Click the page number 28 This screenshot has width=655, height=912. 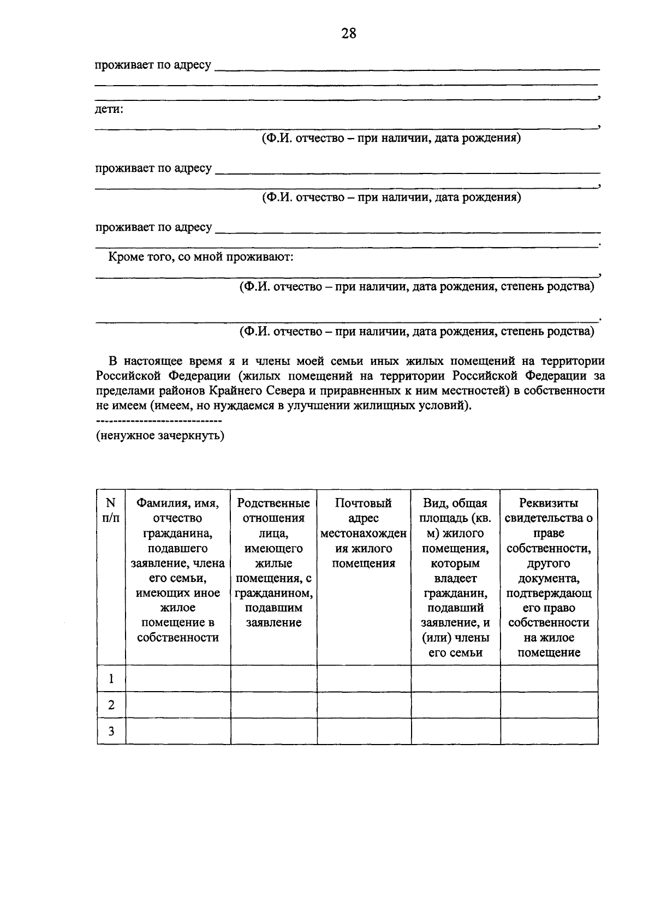coord(349,34)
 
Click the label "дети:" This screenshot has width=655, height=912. coord(109,109)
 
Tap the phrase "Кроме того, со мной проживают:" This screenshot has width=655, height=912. coord(201,256)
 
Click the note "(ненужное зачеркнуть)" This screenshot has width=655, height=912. coord(160,436)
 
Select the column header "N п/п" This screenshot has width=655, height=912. coord(111,511)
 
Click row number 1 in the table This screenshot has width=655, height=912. coord(111,679)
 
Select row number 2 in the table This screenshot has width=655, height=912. coord(111,705)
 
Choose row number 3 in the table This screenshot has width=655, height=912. coord(111,731)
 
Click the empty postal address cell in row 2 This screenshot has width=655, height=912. coord(364,705)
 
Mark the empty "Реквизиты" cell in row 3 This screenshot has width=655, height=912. coord(549,731)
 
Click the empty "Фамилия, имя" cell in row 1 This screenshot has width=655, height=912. coord(178,679)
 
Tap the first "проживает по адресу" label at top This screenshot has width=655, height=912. coord(153,65)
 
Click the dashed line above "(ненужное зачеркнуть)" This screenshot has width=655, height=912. coord(159,422)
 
